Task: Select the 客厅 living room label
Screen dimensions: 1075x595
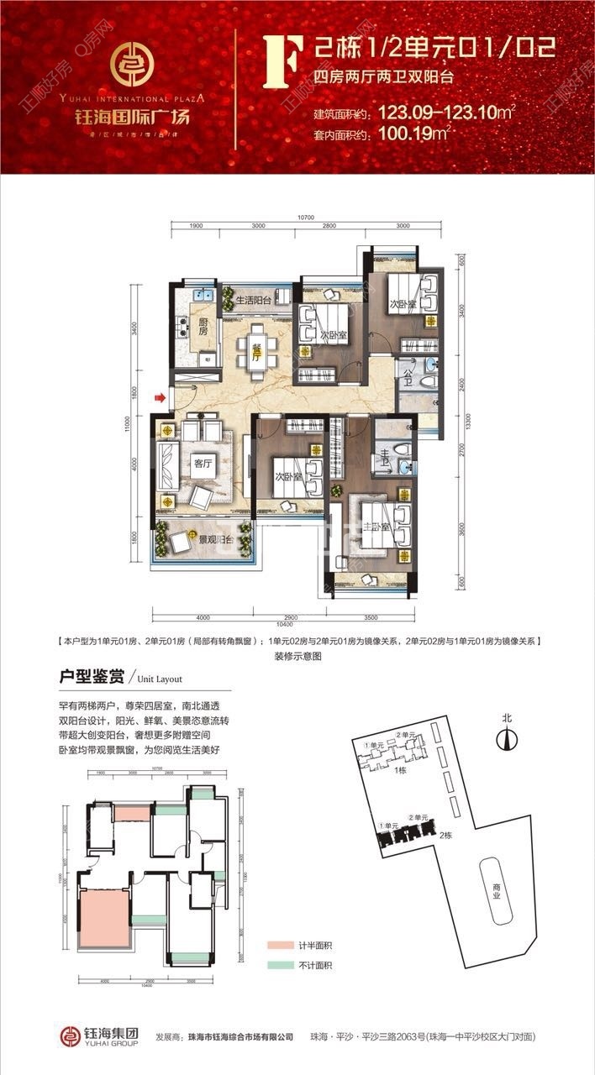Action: pyautogui.click(x=203, y=461)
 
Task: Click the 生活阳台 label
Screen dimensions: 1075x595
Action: pyautogui.click(x=253, y=300)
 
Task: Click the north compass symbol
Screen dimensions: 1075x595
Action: pyautogui.click(x=506, y=739)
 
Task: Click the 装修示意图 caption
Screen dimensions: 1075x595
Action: pyautogui.click(x=298, y=657)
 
